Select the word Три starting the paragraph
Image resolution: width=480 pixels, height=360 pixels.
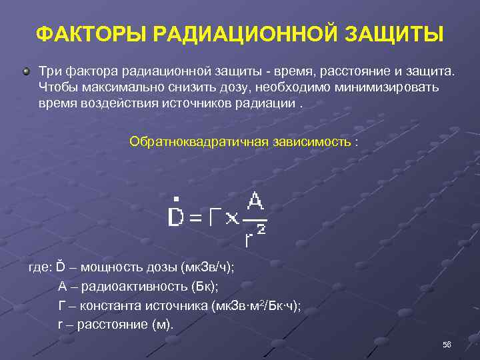[49, 71]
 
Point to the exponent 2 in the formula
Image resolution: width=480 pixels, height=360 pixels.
[261, 230]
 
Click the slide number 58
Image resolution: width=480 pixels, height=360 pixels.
[447, 345]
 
